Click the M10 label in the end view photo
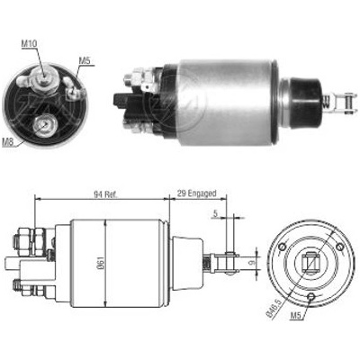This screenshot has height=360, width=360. (29, 43)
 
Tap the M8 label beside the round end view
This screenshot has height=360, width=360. (8, 141)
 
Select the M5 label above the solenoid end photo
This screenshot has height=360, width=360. (85, 60)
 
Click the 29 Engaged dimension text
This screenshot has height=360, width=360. (196, 193)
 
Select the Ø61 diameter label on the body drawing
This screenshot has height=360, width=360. (101, 263)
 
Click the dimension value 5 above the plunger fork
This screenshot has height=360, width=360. (215, 213)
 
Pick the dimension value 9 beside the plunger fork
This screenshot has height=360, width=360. (252, 263)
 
